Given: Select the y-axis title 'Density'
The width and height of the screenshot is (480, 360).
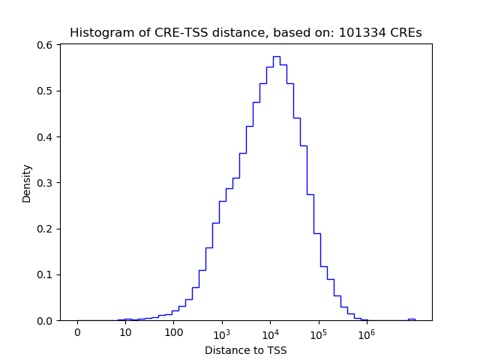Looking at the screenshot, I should point(27,183).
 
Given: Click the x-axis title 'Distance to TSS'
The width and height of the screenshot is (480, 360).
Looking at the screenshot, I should point(246,350).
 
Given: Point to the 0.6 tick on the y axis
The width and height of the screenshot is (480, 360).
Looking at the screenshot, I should point(46,45).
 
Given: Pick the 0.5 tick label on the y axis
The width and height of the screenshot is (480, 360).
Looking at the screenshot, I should point(46,91).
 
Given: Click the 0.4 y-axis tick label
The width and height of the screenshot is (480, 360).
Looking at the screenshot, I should point(46,136).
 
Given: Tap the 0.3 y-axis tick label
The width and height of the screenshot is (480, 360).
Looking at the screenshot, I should point(46,183).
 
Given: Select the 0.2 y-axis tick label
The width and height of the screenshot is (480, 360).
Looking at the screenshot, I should point(46,229).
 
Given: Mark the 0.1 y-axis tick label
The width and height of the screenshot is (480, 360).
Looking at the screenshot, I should point(46,274).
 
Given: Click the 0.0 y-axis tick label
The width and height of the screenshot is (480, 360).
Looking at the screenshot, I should point(46,320).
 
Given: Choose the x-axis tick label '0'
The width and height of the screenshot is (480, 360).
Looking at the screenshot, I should point(77,333).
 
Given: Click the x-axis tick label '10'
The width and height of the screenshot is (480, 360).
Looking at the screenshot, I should point(125,333).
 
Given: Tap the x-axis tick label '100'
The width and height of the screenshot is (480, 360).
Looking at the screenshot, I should point(173,333).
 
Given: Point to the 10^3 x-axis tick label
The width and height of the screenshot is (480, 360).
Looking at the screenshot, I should point(222,333).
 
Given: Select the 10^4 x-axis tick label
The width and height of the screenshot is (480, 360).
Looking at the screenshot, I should point(270,333).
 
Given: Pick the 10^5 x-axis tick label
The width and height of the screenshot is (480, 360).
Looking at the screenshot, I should point(318,333).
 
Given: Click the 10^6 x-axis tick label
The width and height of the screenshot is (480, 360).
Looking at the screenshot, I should point(366,333).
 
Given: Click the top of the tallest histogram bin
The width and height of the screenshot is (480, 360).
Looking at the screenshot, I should point(276,56).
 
